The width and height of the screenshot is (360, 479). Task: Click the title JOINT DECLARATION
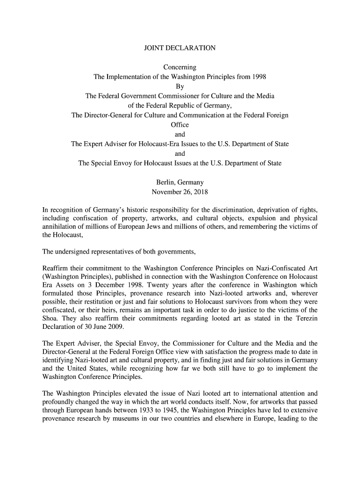180,48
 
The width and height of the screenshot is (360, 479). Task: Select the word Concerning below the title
180,67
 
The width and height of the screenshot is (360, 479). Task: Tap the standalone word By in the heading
180,87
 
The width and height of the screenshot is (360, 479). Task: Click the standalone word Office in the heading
180,125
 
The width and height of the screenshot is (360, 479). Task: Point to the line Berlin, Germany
180,182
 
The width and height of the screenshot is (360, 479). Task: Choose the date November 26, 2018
180,192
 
